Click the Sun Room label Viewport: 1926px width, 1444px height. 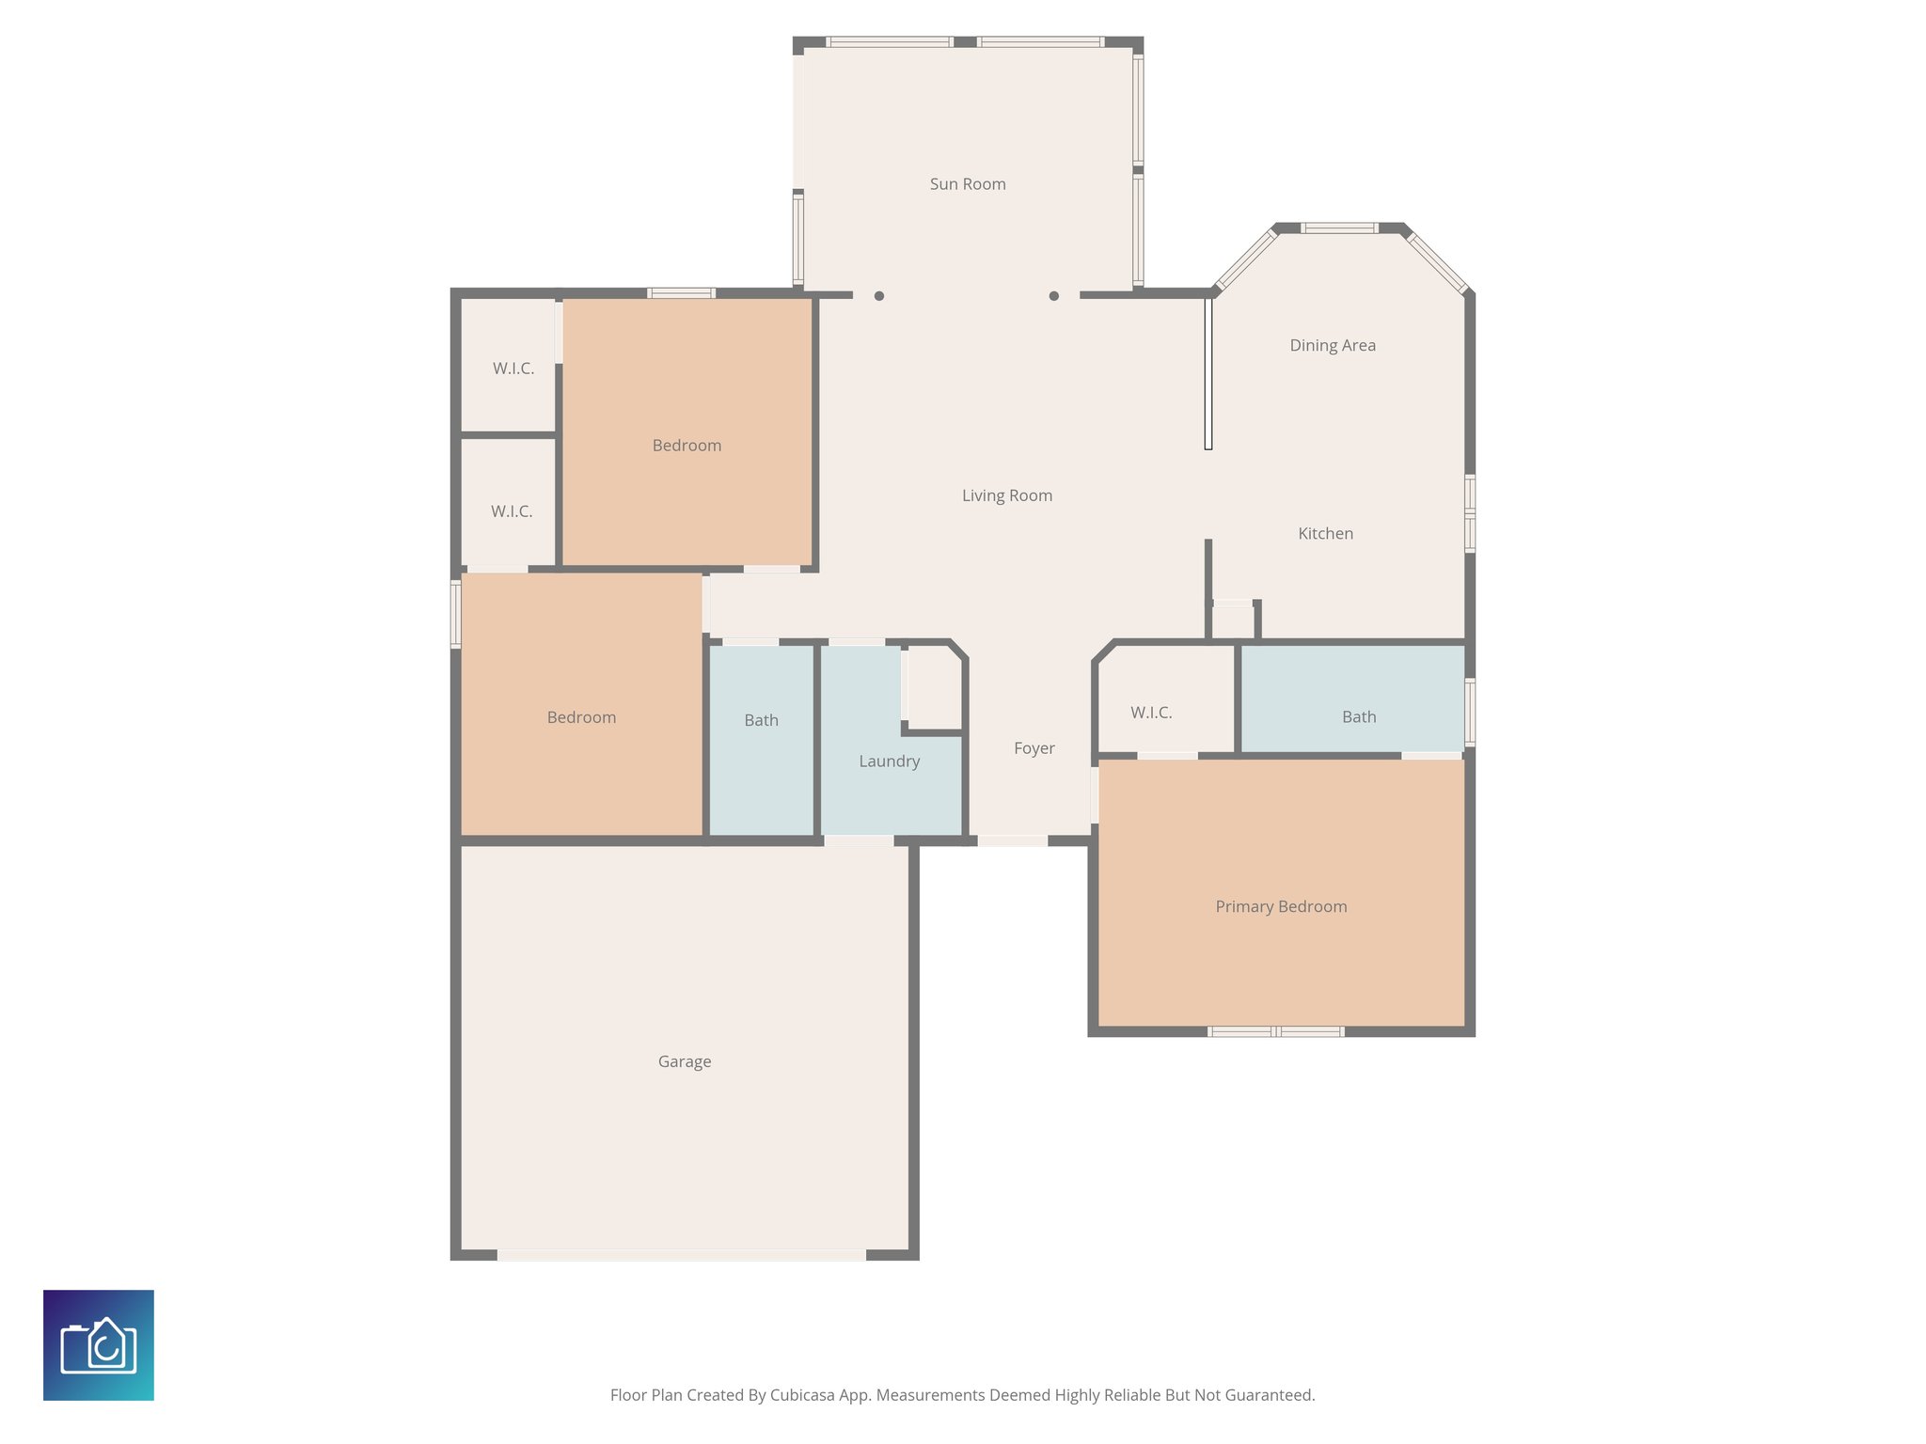click(968, 184)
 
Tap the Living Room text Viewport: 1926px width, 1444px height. click(1006, 495)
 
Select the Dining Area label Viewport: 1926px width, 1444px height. click(1332, 345)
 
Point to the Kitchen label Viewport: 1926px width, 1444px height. click(1325, 533)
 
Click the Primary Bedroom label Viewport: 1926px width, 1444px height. click(1281, 906)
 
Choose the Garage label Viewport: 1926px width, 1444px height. click(684, 1061)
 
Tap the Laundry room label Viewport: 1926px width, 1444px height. click(889, 761)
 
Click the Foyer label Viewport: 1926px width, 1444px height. click(1034, 748)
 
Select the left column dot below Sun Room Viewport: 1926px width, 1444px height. click(878, 296)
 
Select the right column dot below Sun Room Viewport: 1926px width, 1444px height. click(1053, 296)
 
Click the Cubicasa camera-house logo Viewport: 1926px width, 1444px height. click(99, 1344)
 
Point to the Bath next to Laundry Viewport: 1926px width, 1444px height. click(761, 720)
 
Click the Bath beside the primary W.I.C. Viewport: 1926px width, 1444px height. click(1358, 716)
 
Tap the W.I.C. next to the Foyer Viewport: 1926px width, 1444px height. click(1151, 713)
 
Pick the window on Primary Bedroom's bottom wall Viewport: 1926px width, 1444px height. click(1275, 1031)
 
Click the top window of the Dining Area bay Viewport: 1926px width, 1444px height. click(1339, 228)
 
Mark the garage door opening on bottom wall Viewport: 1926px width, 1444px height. click(681, 1254)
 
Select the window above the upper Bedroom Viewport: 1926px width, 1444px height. click(682, 293)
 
